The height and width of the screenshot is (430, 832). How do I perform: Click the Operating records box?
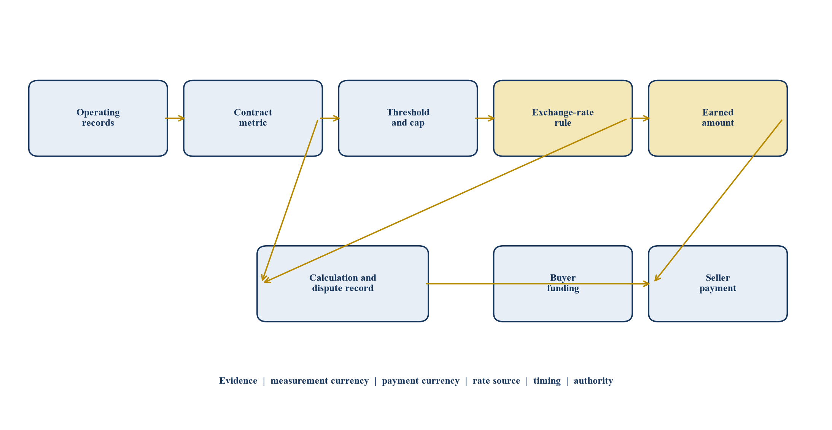98,118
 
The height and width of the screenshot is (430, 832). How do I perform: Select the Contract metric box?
253,118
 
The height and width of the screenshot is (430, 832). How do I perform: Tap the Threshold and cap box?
408,118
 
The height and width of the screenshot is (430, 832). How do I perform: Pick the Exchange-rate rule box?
563,118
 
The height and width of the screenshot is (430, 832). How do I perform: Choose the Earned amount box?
718,118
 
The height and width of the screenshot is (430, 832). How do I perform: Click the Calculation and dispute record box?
343,284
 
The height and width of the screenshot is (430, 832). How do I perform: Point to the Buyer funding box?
563,284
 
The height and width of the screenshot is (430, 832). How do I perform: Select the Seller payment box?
718,284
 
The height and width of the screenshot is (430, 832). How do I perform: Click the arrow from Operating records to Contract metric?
175,118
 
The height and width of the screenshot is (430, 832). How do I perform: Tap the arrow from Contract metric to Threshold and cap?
330,118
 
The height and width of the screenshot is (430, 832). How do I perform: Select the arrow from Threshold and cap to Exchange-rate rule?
485,118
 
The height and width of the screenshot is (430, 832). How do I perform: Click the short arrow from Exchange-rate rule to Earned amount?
640,118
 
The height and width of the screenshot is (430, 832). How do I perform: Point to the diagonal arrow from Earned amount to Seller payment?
718,201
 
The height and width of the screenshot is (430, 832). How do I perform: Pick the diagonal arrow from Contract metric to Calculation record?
290,201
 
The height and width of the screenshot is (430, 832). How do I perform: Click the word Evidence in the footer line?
238,381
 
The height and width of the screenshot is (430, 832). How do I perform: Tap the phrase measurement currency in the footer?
320,381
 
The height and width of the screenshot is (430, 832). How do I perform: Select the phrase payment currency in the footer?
421,381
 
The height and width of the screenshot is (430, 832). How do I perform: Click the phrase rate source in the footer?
496,381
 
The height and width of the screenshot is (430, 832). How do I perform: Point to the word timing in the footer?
547,381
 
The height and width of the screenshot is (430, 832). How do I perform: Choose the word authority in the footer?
593,381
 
